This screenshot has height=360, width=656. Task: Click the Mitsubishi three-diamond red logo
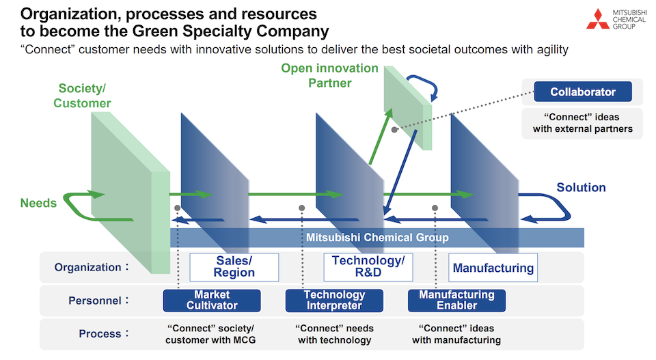point(598,18)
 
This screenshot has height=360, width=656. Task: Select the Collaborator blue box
point(583,92)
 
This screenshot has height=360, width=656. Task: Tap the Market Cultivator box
point(212,301)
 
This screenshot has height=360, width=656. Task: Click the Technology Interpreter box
point(334,301)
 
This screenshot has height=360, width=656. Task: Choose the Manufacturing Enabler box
point(456,301)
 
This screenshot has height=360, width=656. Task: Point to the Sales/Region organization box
point(234,267)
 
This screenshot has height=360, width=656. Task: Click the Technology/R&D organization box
point(368,267)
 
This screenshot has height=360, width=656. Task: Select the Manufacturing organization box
point(493,268)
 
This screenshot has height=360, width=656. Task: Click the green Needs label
point(38,203)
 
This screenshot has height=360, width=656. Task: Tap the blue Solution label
point(581,188)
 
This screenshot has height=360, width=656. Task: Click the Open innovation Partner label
point(329,76)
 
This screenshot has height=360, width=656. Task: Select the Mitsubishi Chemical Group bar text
point(377,238)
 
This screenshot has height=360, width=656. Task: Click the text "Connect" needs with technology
point(334,334)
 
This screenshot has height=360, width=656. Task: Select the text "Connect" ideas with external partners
point(582,123)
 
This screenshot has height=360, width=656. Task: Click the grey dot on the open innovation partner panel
point(394,128)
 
